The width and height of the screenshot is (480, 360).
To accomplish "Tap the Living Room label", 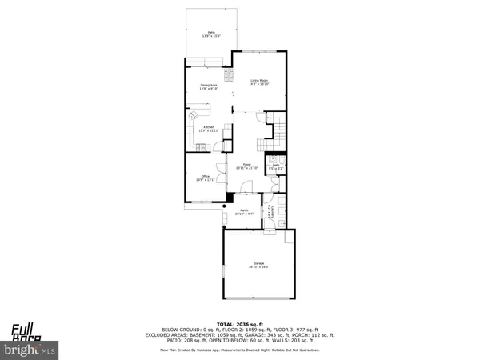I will click(x=258, y=81).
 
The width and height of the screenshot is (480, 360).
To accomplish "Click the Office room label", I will click(x=204, y=178).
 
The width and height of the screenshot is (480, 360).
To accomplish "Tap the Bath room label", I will click(x=274, y=167).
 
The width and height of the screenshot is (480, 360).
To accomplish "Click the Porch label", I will click(x=243, y=212).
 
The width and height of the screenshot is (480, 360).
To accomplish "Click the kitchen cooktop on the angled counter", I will click(x=194, y=117).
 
